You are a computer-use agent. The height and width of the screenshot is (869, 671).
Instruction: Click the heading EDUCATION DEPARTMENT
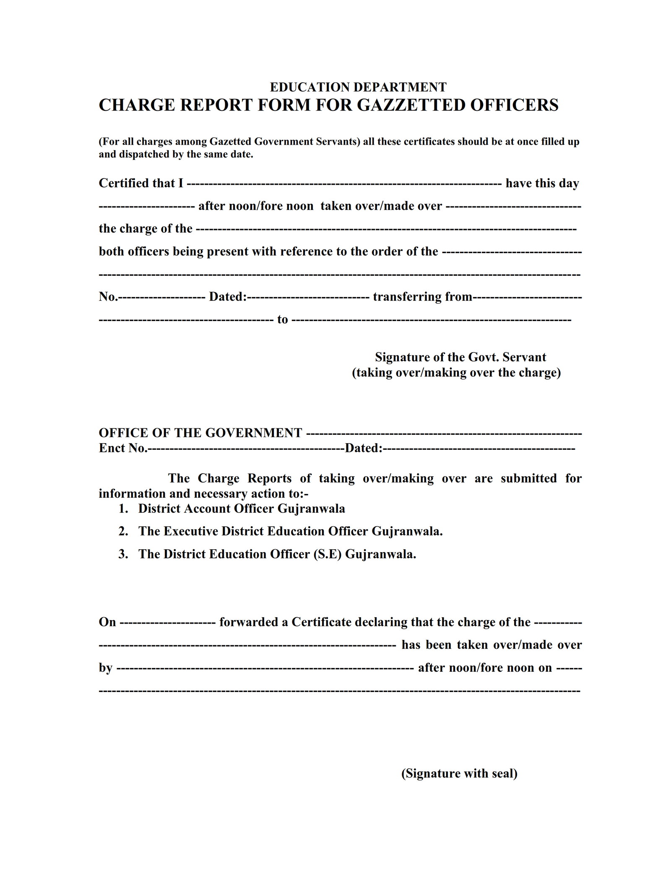(358, 87)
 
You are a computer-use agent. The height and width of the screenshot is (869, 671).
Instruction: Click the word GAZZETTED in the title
(411, 105)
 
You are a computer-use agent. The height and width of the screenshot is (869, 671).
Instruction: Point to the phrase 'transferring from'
(422, 297)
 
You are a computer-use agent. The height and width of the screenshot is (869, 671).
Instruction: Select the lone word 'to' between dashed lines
(283, 320)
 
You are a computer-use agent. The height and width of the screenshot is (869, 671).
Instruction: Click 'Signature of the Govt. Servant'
(460, 357)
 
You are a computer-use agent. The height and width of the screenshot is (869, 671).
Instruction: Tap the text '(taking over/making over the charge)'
(456, 373)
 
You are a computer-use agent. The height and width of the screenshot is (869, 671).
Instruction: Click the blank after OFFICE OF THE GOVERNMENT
(444, 433)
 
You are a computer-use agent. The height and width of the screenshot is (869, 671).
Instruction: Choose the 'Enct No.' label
(122, 448)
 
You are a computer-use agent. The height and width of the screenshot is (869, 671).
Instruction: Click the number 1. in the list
(123, 509)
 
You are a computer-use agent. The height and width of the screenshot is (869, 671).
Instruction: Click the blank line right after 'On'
(167, 622)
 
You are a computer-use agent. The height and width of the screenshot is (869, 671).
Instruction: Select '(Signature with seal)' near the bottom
(459, 773)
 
